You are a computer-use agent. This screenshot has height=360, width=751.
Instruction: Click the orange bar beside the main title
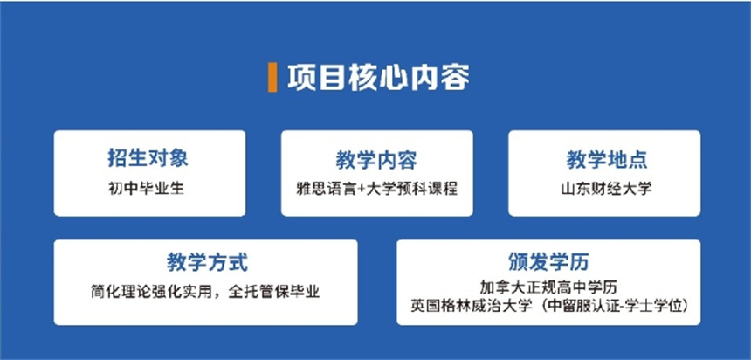click(272, 77)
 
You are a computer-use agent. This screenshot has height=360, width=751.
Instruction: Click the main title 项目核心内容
click(378, 77)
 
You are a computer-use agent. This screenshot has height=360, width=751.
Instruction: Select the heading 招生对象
click(148, 159)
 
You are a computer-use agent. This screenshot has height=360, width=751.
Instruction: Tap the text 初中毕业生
click(146, 189)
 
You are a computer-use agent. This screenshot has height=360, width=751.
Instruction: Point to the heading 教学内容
click(376, 161)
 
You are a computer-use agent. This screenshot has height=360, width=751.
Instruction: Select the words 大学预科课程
click(413, 189)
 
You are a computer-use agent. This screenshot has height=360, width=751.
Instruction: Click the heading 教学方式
click(207, 263)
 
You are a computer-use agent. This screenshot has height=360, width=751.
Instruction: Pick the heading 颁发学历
click(548, 262)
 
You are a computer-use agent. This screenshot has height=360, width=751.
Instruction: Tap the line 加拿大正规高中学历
click(548, 287)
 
